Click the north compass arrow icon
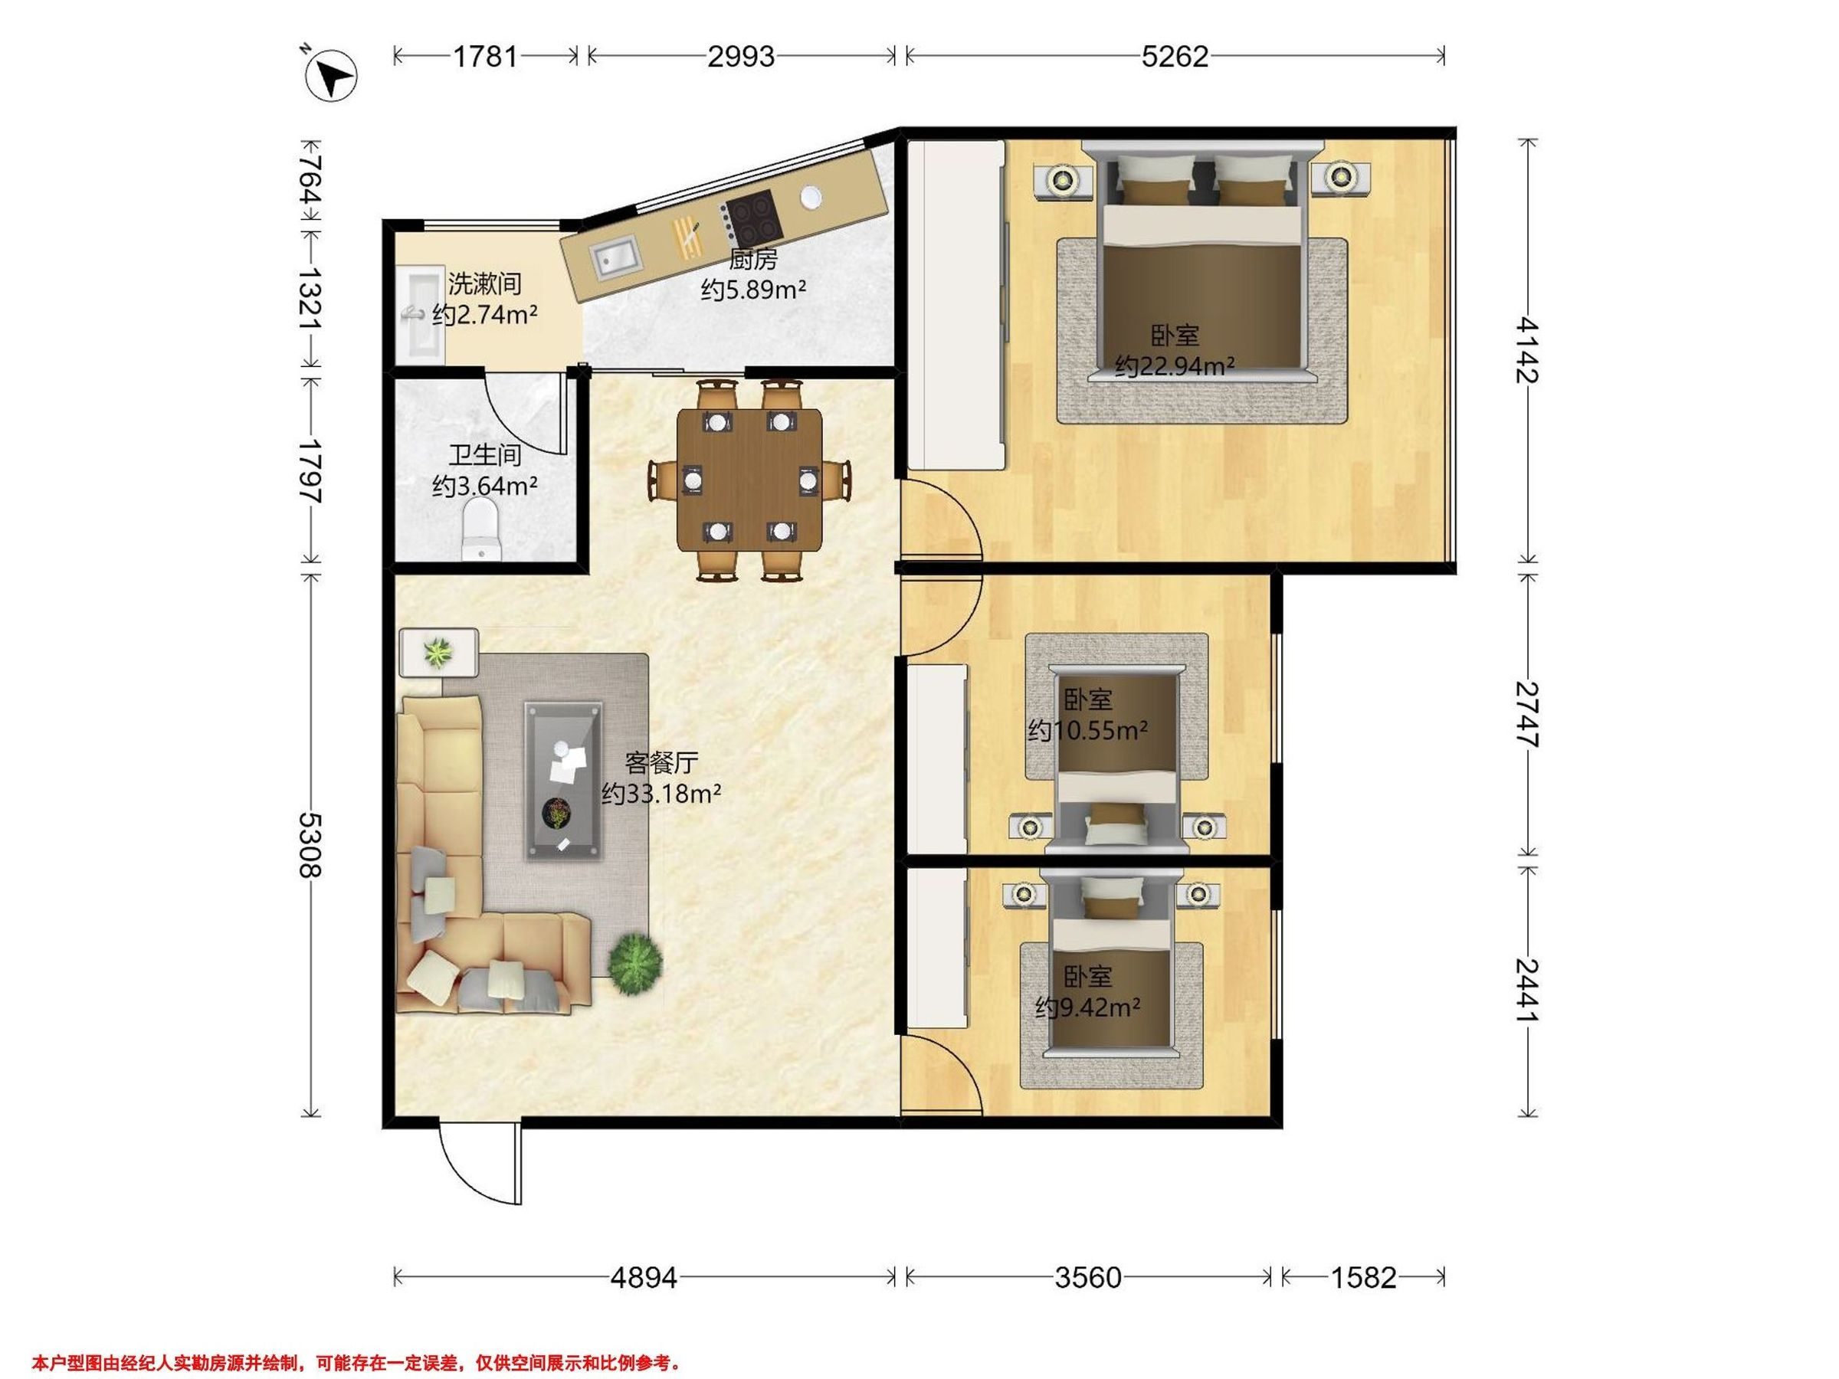coord(332,77)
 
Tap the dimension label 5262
coord(1175,56)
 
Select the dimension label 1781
coord(485,56)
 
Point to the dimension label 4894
coord(644,1277)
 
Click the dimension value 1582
coord(1363,1277)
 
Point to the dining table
coord(750,480)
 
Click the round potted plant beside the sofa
coord(636,965)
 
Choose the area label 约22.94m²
coord(1174,365)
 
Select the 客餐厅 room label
coord(662,762)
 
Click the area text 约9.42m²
coord(1087,1007)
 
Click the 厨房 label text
coord(753,260)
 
